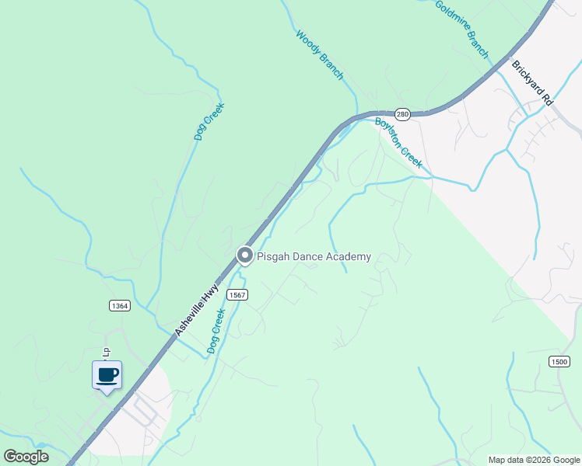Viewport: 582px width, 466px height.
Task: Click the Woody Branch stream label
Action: coord(319,54)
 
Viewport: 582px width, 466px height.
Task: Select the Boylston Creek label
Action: coord(398,142)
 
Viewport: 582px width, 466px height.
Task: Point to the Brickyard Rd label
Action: coord(531,83)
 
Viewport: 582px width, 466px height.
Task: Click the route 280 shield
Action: coord(401,114)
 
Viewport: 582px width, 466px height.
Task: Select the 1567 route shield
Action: coord(237,295)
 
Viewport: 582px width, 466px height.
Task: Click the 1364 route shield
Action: coord(119,306)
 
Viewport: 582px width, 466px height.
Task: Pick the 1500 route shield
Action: coord(559,361)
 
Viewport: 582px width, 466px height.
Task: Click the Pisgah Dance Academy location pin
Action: coord(244,256)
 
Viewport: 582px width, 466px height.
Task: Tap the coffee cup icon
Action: coord(107,376)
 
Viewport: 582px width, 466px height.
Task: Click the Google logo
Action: coord(26,457)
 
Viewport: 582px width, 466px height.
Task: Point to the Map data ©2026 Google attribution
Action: coord(533,460)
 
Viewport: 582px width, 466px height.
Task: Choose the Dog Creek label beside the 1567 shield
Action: coord(216,331)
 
